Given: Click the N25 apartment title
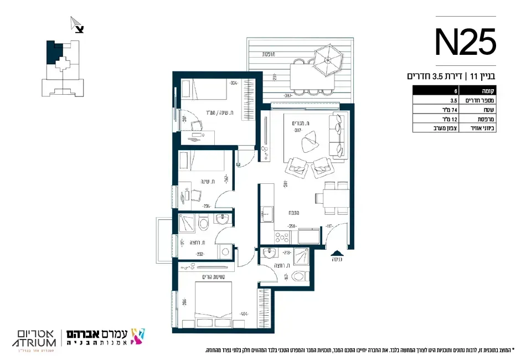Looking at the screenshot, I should click(465, 43).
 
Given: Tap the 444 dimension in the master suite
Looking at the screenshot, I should click(244, 313).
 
